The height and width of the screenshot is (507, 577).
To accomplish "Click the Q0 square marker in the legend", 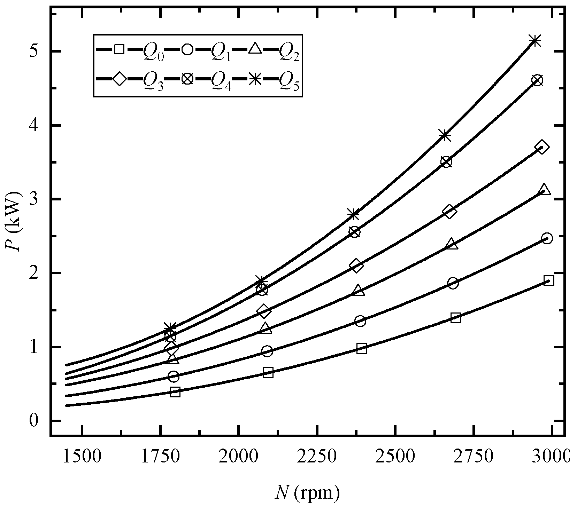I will coord(119,49).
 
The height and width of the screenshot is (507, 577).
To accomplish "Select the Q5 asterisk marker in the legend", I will coord(255,79).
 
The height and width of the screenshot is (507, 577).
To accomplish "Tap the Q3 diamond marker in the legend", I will coord(119,79).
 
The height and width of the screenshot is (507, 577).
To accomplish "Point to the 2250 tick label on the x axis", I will coord(317,454).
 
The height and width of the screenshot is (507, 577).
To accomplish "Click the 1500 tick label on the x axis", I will coord(82,454).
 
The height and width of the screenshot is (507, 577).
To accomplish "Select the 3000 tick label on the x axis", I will coord(552,454).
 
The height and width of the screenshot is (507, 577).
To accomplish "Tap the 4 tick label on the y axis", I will coord(33,125).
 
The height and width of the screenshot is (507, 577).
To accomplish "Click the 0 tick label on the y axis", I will coord(33,421).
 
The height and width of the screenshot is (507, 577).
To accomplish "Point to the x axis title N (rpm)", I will coord(307,493).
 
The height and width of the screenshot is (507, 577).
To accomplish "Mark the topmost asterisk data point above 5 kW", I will coord(535,41).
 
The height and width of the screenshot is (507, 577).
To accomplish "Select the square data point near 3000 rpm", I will coord(549,280).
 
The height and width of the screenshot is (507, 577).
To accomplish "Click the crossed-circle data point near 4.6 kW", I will coord(537,80).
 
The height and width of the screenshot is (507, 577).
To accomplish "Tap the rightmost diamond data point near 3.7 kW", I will coord(542,146).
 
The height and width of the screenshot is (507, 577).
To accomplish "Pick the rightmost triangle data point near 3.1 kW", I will coord(544,190).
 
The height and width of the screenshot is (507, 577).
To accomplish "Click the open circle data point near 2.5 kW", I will coord(547,238).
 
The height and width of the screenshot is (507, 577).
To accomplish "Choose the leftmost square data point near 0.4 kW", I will coord(175,392).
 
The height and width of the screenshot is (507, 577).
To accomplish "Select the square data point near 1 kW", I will coord(362,348).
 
